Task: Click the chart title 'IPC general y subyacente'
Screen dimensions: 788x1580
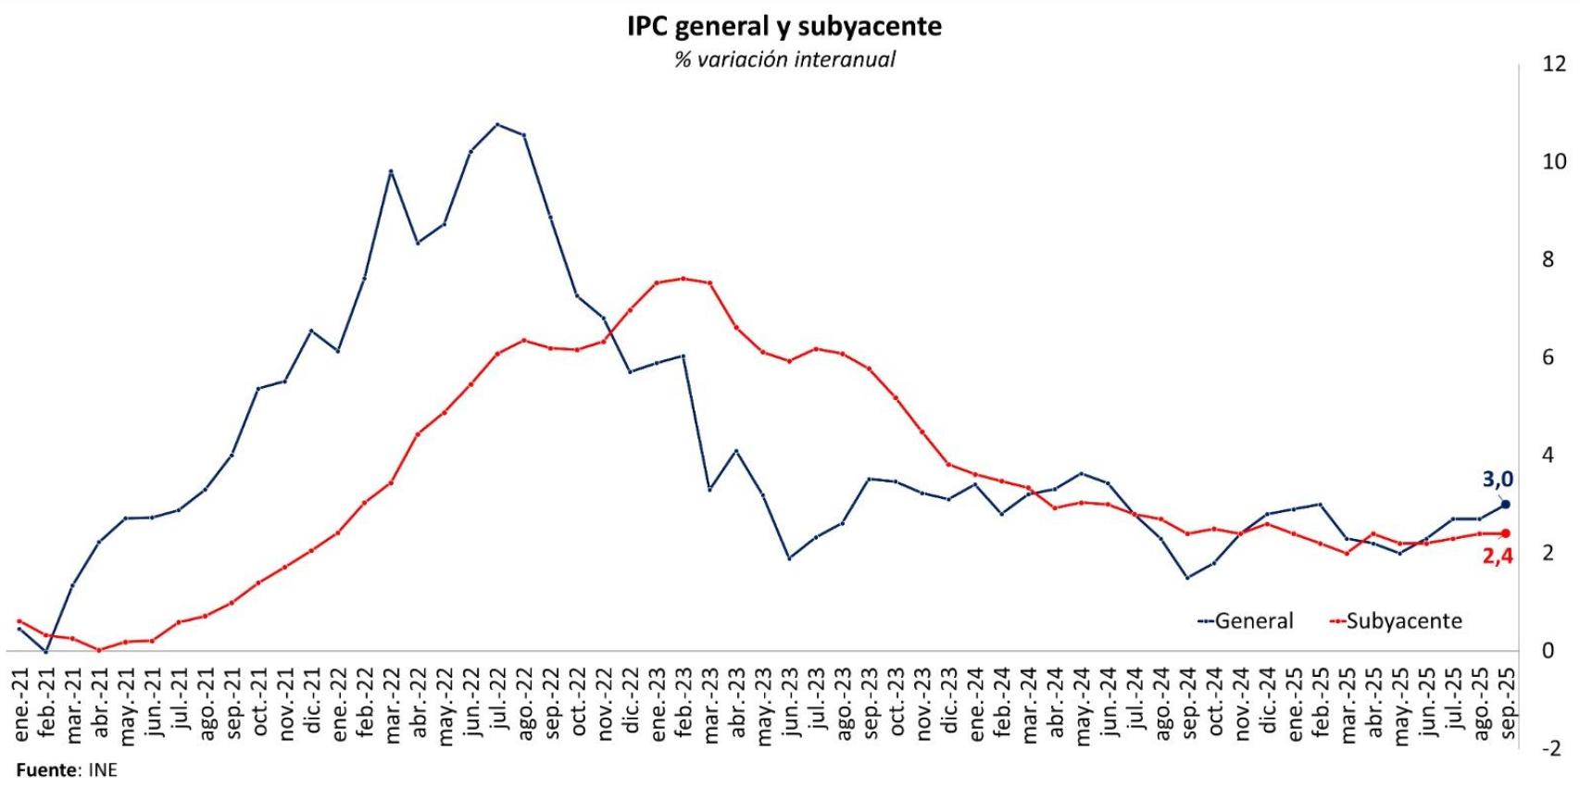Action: click(x=784, y=26)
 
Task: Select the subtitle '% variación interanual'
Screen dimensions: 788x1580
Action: click(x=784, y=60)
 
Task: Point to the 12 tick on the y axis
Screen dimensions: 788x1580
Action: click(x=1553, y=64)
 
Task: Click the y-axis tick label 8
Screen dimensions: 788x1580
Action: click(x=1548, y=259)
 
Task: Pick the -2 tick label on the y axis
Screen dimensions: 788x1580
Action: click(x=1549, y=749)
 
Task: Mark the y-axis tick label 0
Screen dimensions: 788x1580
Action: click(x=1548, y=651)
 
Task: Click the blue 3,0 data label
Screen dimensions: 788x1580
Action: click(x=1497, y=480)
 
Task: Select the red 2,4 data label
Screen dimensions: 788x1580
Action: click(x=1497, y=557)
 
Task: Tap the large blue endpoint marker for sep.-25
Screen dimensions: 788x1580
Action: click(x=1505, y=505)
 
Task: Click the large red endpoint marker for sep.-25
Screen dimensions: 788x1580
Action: click(x=1505, y=533)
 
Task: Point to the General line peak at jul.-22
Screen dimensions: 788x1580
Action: click(x=497, y=124)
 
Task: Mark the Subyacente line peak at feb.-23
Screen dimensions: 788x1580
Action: click(x=683, y=278)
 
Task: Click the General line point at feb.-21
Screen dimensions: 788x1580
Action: click(x=46, y=652)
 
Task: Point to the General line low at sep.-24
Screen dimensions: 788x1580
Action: click(x=1187, y=578)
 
